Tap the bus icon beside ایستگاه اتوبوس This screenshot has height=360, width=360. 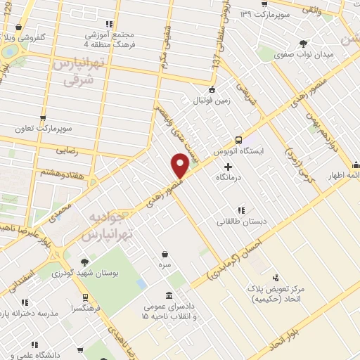pos(239,139)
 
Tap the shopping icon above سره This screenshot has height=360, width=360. pos(165,254)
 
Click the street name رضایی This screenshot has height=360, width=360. pos(80,149)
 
